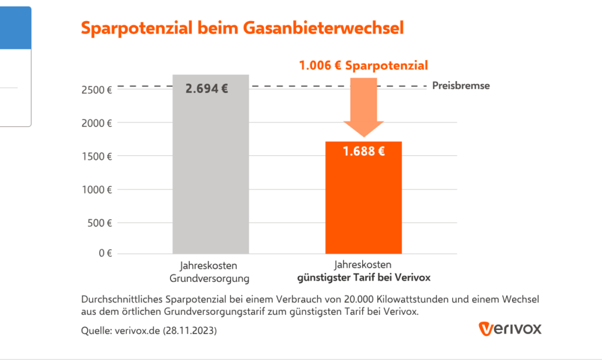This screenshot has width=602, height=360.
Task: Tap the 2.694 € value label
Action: tap(206, 89)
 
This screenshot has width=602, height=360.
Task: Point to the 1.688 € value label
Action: tap(363, 152)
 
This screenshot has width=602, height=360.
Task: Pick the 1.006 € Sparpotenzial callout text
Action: tap(363, 65)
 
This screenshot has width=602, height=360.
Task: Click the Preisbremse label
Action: tap(460, 86)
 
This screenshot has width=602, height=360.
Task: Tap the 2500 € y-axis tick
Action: tap(98, 90)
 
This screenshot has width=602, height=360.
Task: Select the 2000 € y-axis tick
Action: tap(98, 124)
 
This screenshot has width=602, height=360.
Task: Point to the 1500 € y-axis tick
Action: tap(98, 156)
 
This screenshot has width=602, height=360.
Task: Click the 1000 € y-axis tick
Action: tap(98, 190)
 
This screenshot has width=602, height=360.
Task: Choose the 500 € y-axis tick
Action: tap(100, 223)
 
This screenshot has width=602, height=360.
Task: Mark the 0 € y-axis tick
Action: tap(105, 254)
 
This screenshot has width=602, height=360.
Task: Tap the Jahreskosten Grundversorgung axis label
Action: tap(210, 271)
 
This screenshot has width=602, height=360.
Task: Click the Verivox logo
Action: tap(510, 328)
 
